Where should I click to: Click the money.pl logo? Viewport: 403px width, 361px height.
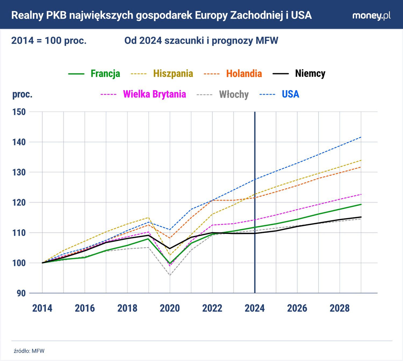(x=371, y=16)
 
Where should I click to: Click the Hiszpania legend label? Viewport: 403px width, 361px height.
(x=173, y=73)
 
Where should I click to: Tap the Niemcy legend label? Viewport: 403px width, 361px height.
(x=310, y=73)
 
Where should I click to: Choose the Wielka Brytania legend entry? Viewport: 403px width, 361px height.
(x=154, y=94)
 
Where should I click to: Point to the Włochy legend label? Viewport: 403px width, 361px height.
(x=234, y=94)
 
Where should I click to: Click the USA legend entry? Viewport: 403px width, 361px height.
(x=290, y=94)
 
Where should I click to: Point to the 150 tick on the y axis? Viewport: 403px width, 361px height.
(x=19, y=112)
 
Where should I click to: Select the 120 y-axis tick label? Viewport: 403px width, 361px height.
(x=19, y=202)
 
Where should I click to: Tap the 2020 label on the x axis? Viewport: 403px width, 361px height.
(x=170, y=308)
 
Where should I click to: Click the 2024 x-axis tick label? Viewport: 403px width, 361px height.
(x=255, y=308)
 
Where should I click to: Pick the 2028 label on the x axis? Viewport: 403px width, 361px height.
(x=340, y=308)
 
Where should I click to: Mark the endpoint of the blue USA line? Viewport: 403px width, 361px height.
(x=361, y=137)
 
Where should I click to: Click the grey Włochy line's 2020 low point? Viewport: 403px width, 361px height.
(x=170, y=275)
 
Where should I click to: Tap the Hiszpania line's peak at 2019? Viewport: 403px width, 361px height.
(x=149, y=218)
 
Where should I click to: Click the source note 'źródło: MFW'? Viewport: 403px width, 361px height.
(x=29, y=351)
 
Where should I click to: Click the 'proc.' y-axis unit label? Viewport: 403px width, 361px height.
(x=22, y=94)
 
